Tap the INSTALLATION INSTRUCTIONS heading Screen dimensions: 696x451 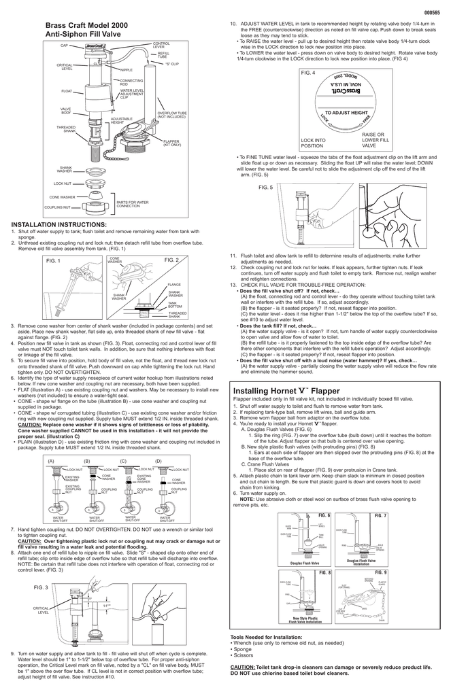point(59,224)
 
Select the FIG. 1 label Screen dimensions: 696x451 point(53,261)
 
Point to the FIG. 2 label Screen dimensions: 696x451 point(171,260)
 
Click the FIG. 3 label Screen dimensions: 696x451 point(41,587)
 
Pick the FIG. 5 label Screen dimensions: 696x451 point(266,187)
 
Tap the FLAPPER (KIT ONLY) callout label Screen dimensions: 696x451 point(172,142)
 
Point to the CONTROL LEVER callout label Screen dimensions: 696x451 point(161,44)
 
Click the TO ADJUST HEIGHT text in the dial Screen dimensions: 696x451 point(346,112)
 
